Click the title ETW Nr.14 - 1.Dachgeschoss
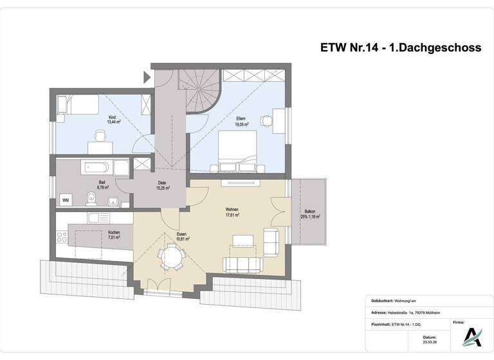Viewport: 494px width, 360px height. (x=400, y=47)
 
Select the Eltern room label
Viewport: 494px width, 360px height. (x=242, y=118)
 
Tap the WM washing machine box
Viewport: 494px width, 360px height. (x=66, y=201)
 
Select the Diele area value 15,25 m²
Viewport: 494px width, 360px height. (x=163, y=188)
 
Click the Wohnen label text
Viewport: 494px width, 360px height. (x=232, y=210)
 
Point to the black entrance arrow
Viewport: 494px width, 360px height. (x=145, y=78)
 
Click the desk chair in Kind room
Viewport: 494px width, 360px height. (x=100, y=136)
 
